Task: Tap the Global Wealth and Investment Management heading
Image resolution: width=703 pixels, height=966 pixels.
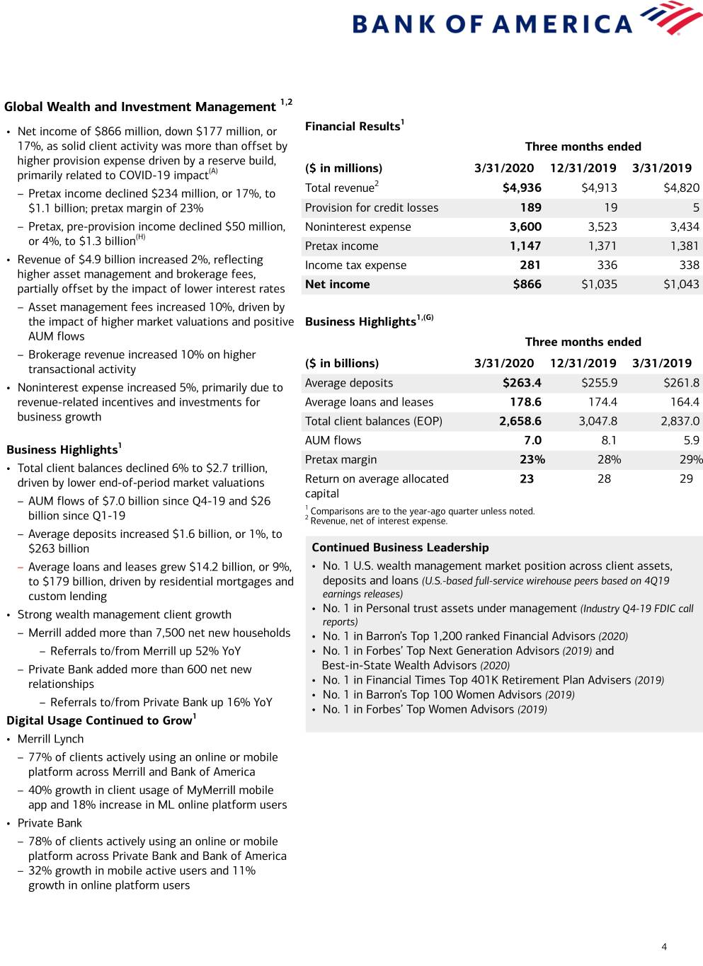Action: (x=139, y=107)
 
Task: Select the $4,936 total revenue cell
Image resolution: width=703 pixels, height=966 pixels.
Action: (x=522, y=188)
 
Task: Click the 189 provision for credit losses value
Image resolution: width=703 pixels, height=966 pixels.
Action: (x=530, y=207)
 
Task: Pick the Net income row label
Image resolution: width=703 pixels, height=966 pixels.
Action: (x=337, y=284)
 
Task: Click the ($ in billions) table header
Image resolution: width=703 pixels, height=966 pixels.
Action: (x=342, y=364)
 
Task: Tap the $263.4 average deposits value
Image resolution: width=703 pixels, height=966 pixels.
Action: (x=522, y=383)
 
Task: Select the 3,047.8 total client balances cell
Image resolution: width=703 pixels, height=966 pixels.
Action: (x=598, y=421)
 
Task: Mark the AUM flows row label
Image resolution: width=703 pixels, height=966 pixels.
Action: (x=333, y=440)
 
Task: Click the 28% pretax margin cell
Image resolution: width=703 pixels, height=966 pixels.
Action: (x=609, y=459)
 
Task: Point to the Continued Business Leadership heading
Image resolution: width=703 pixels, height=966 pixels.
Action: (x=400, y=548)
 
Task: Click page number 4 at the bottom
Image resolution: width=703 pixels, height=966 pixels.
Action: (x=664, y=947)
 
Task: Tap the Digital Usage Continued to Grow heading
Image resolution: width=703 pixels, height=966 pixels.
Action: (x=99, y=720)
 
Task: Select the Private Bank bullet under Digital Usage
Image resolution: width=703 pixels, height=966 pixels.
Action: (x=50, y=823)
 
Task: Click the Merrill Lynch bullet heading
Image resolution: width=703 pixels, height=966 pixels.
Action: (x=50, y=739)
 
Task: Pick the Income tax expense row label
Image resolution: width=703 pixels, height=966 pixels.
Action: (x=355, y=265)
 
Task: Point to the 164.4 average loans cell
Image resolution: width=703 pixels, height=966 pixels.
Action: (x=685, y=402)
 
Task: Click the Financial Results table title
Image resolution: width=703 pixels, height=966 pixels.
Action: (x=353, y=127)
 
